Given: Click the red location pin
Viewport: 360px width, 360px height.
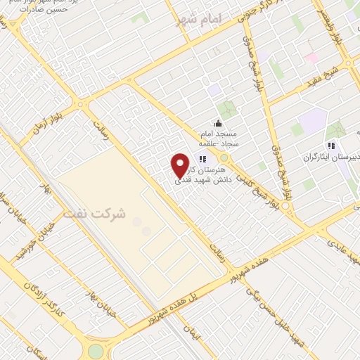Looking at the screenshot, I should (x=180, y=165).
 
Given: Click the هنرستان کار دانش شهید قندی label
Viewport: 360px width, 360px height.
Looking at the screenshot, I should (x=200, y=175).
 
